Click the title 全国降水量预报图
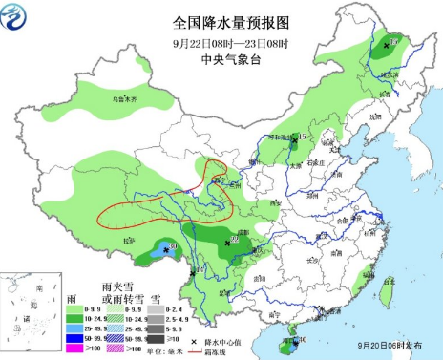point(221,22)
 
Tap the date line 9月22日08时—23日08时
point(221,42)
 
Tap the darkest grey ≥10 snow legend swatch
point(196,338)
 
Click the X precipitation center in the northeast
point(387,45)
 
